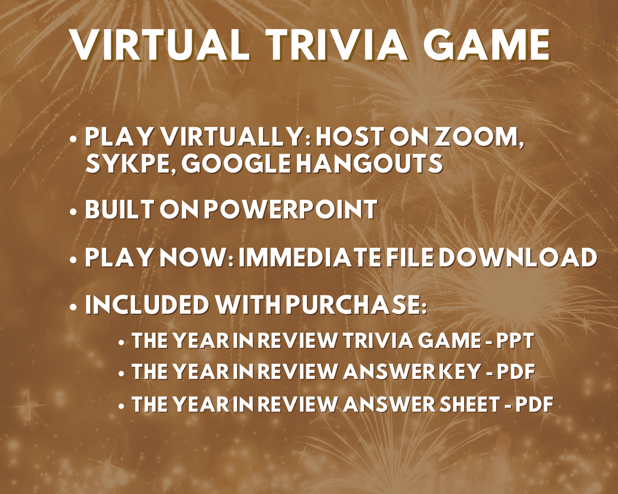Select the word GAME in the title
[x=487, y=45]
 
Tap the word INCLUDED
[x=147, y=305]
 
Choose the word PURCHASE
[x=356, y=305]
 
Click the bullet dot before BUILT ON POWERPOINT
[x=73, y=212]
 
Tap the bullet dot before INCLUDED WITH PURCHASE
[x=73, y=307]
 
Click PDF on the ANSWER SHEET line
[x=534, y=404]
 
